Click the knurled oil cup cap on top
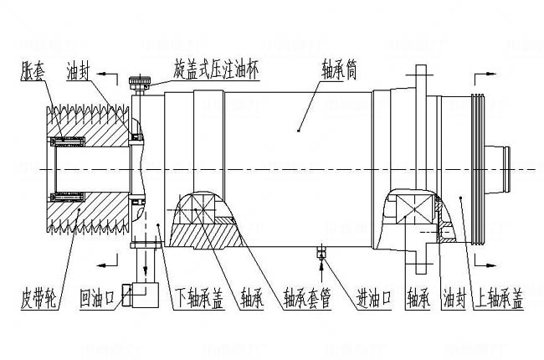[x=140, y=84]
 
